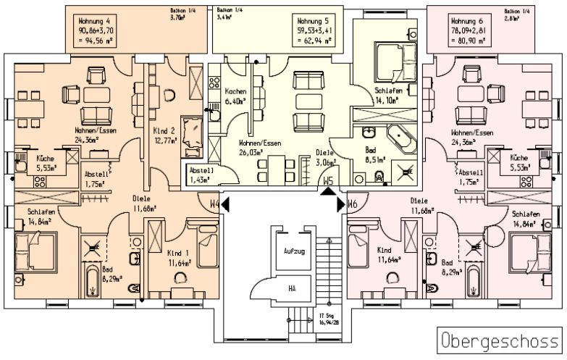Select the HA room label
pos(293,288)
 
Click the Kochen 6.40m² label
pos(236,96)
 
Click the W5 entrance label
pos(329,181)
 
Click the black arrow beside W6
pos(342,205)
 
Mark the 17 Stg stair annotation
pos(329,319)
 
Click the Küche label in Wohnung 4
pos(46,162)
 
